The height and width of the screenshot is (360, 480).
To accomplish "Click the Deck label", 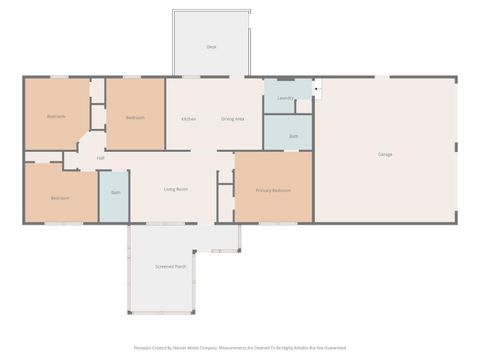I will [211, 47].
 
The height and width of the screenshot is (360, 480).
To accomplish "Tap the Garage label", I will [385, 154].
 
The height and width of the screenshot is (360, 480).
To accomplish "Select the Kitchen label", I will [188, 119].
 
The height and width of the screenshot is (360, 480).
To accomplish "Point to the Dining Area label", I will [233, 119].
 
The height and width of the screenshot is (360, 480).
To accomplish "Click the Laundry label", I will [285, 98].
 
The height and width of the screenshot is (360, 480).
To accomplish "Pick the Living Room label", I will [177, 188].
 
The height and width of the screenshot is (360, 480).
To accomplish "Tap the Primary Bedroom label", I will [272, 189].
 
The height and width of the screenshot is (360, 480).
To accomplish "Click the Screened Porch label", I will [171, 267].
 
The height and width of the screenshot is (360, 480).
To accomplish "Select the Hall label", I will [101, 158].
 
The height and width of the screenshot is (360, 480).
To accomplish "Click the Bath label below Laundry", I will [293, 135].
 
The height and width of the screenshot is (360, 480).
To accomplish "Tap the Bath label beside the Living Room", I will [115, 192].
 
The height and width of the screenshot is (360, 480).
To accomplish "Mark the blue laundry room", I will [280, 90].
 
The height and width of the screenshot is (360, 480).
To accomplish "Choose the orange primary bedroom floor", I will [272, 175].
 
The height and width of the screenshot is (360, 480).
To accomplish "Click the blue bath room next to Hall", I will [114, 205].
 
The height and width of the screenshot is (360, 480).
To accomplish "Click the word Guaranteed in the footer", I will [332, 348].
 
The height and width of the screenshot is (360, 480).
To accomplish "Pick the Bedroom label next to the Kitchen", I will [135, 117].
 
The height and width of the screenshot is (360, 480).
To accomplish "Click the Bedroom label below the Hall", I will [60, 198].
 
